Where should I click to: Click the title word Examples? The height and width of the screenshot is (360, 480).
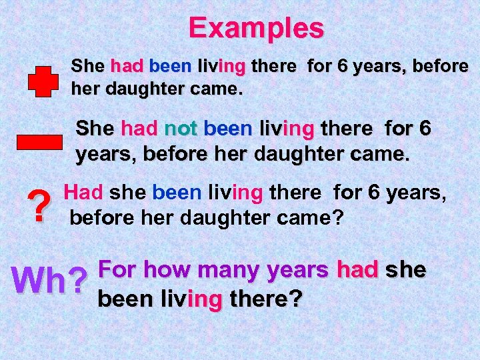[x=256, y=29]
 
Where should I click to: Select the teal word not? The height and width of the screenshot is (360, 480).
[x=180, y=127]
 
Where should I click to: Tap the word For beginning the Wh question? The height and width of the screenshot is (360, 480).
[x=118, y=270]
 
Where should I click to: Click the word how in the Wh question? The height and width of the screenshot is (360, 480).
[x=167, y=270]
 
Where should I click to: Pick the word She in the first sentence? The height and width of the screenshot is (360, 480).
[x=87, y=66]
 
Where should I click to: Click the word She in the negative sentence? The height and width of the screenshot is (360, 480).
[x=95, y=127]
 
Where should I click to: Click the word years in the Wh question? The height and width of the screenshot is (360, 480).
[x=297, y=270]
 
